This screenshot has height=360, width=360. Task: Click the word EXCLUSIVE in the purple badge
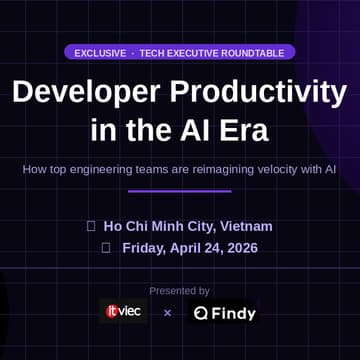(100, 52)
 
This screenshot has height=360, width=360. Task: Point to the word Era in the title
(246, 131)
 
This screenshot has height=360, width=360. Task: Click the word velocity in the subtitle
(286, 169)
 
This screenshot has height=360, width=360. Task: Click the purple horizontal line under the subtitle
(180, 190)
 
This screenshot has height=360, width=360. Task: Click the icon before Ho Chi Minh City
(91, 226)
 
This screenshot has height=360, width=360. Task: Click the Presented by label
(180, 291)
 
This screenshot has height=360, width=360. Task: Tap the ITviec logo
(124, 312)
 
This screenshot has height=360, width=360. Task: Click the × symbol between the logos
(167, 313)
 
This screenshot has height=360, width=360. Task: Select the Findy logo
(225, 313)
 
